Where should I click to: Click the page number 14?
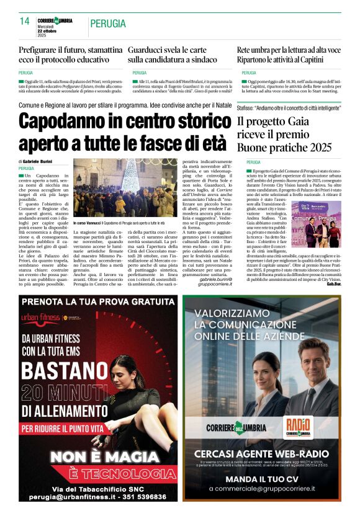point(24,21)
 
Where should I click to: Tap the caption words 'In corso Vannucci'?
point(87,223)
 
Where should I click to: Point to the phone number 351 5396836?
point(137,497)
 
